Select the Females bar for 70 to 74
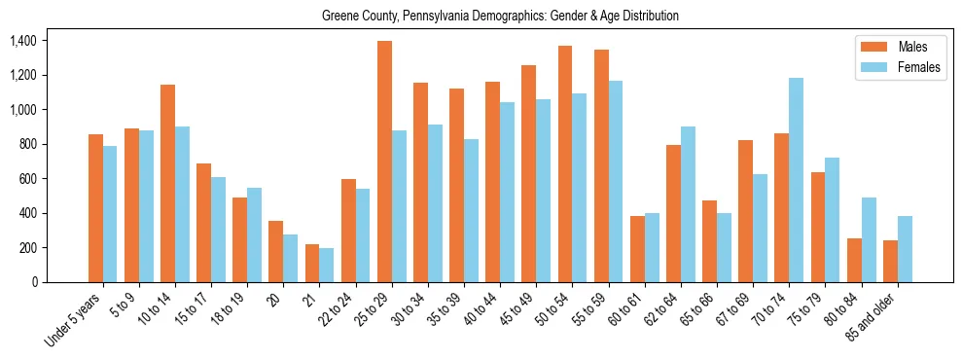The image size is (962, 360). pos(796,180)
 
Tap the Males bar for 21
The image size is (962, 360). pos(312,263)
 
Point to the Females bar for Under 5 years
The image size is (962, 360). pos(110,214)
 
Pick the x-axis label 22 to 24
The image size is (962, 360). pos(339,307)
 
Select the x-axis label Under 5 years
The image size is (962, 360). pos(74,316)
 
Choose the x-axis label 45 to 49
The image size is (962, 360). pos(520,307)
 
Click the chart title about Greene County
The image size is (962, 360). pos(500,17)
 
